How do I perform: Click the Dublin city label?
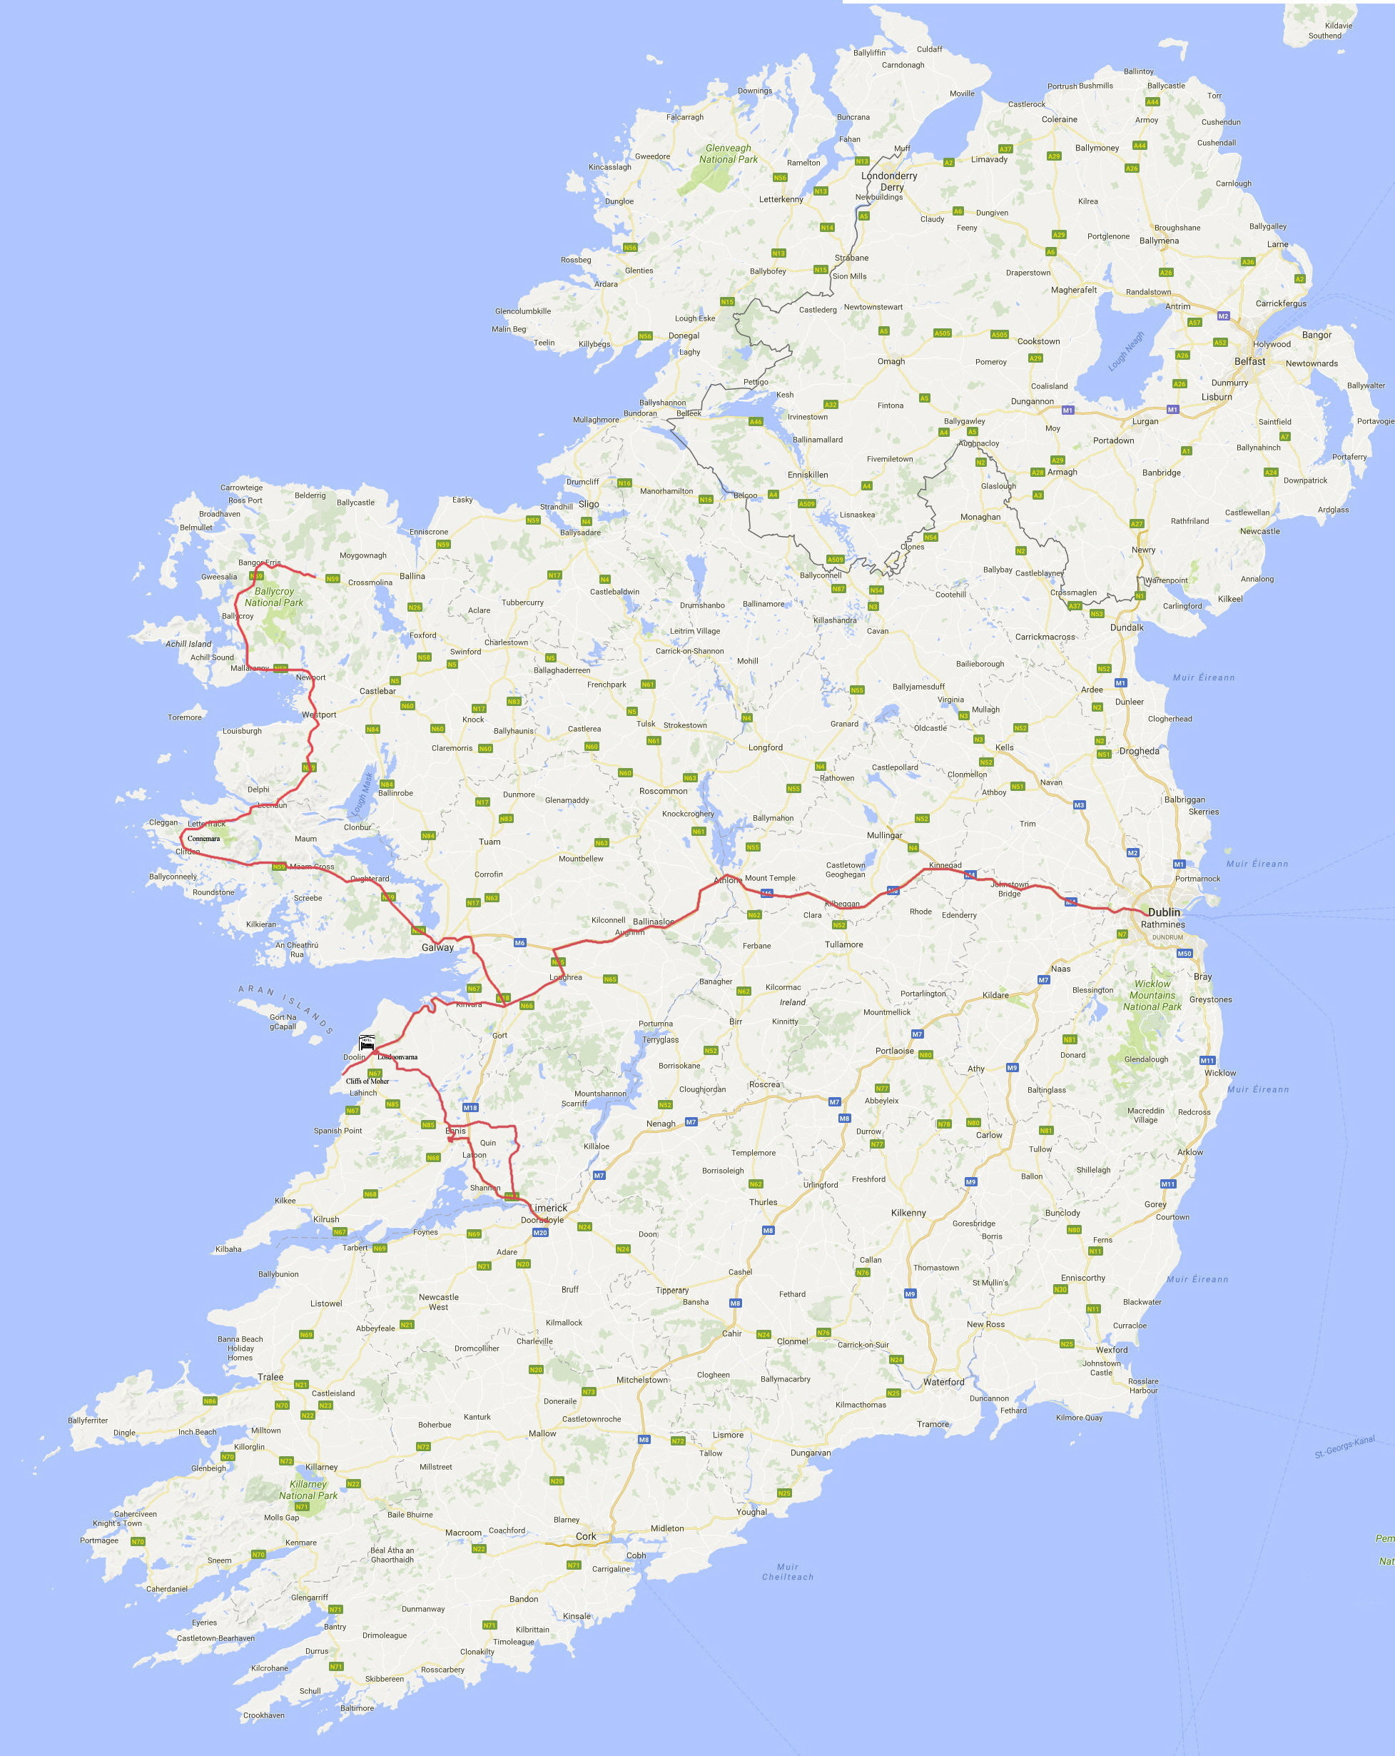pos(1163,912)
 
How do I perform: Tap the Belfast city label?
pos(1249,360)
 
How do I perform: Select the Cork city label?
pos(586,1536)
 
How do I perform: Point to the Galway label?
pos(437,947)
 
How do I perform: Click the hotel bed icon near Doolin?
pos(367,1041)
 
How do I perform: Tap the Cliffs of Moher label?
pos(367,1081)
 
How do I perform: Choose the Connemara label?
pos(203,838)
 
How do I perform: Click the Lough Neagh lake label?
pos(1126,351)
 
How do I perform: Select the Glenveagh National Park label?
pos(728,154)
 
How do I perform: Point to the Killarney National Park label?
pos(308,1490)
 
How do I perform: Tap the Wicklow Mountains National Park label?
pos(1152,995)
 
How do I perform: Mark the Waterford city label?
pos(943,1382)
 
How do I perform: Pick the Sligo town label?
pos(588,504)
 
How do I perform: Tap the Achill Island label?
pos(188,643)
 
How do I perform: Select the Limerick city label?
pos(548,1208)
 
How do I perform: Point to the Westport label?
pos(318,715)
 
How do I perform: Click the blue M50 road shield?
pos(1184,953)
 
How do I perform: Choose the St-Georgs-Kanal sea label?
pos(1344,1448)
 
